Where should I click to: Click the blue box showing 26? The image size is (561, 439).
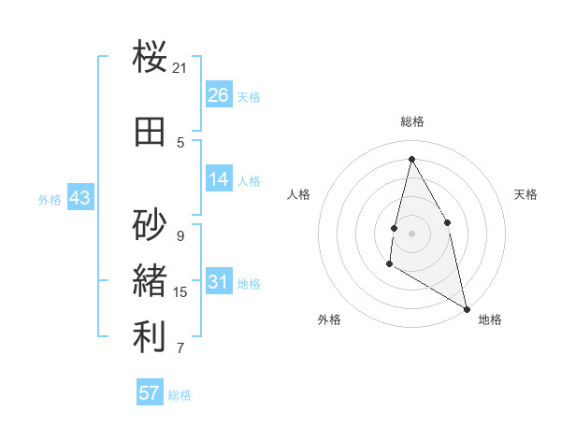point(219,95)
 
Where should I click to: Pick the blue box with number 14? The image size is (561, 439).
point(219,179)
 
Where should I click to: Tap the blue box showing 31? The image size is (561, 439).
point(219,282)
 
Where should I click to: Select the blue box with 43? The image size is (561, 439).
point(79,198)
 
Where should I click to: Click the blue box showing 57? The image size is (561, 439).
point(150,393)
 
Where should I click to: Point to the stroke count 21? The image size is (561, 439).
point(180,68)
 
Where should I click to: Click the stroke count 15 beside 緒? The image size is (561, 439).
point(180,292)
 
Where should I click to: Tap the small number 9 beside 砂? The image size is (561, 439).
point(180,236)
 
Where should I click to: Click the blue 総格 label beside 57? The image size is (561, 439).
point(180,395)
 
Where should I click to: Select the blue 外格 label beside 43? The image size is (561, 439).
point(49,199)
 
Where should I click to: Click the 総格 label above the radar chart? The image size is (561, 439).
point(411,121)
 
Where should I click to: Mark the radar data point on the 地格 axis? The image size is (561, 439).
point(467,309)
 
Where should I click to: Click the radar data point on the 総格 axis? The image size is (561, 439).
point(411,158)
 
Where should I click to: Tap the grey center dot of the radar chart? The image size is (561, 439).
point(411,233)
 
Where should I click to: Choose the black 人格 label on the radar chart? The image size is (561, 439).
point(299,194)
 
